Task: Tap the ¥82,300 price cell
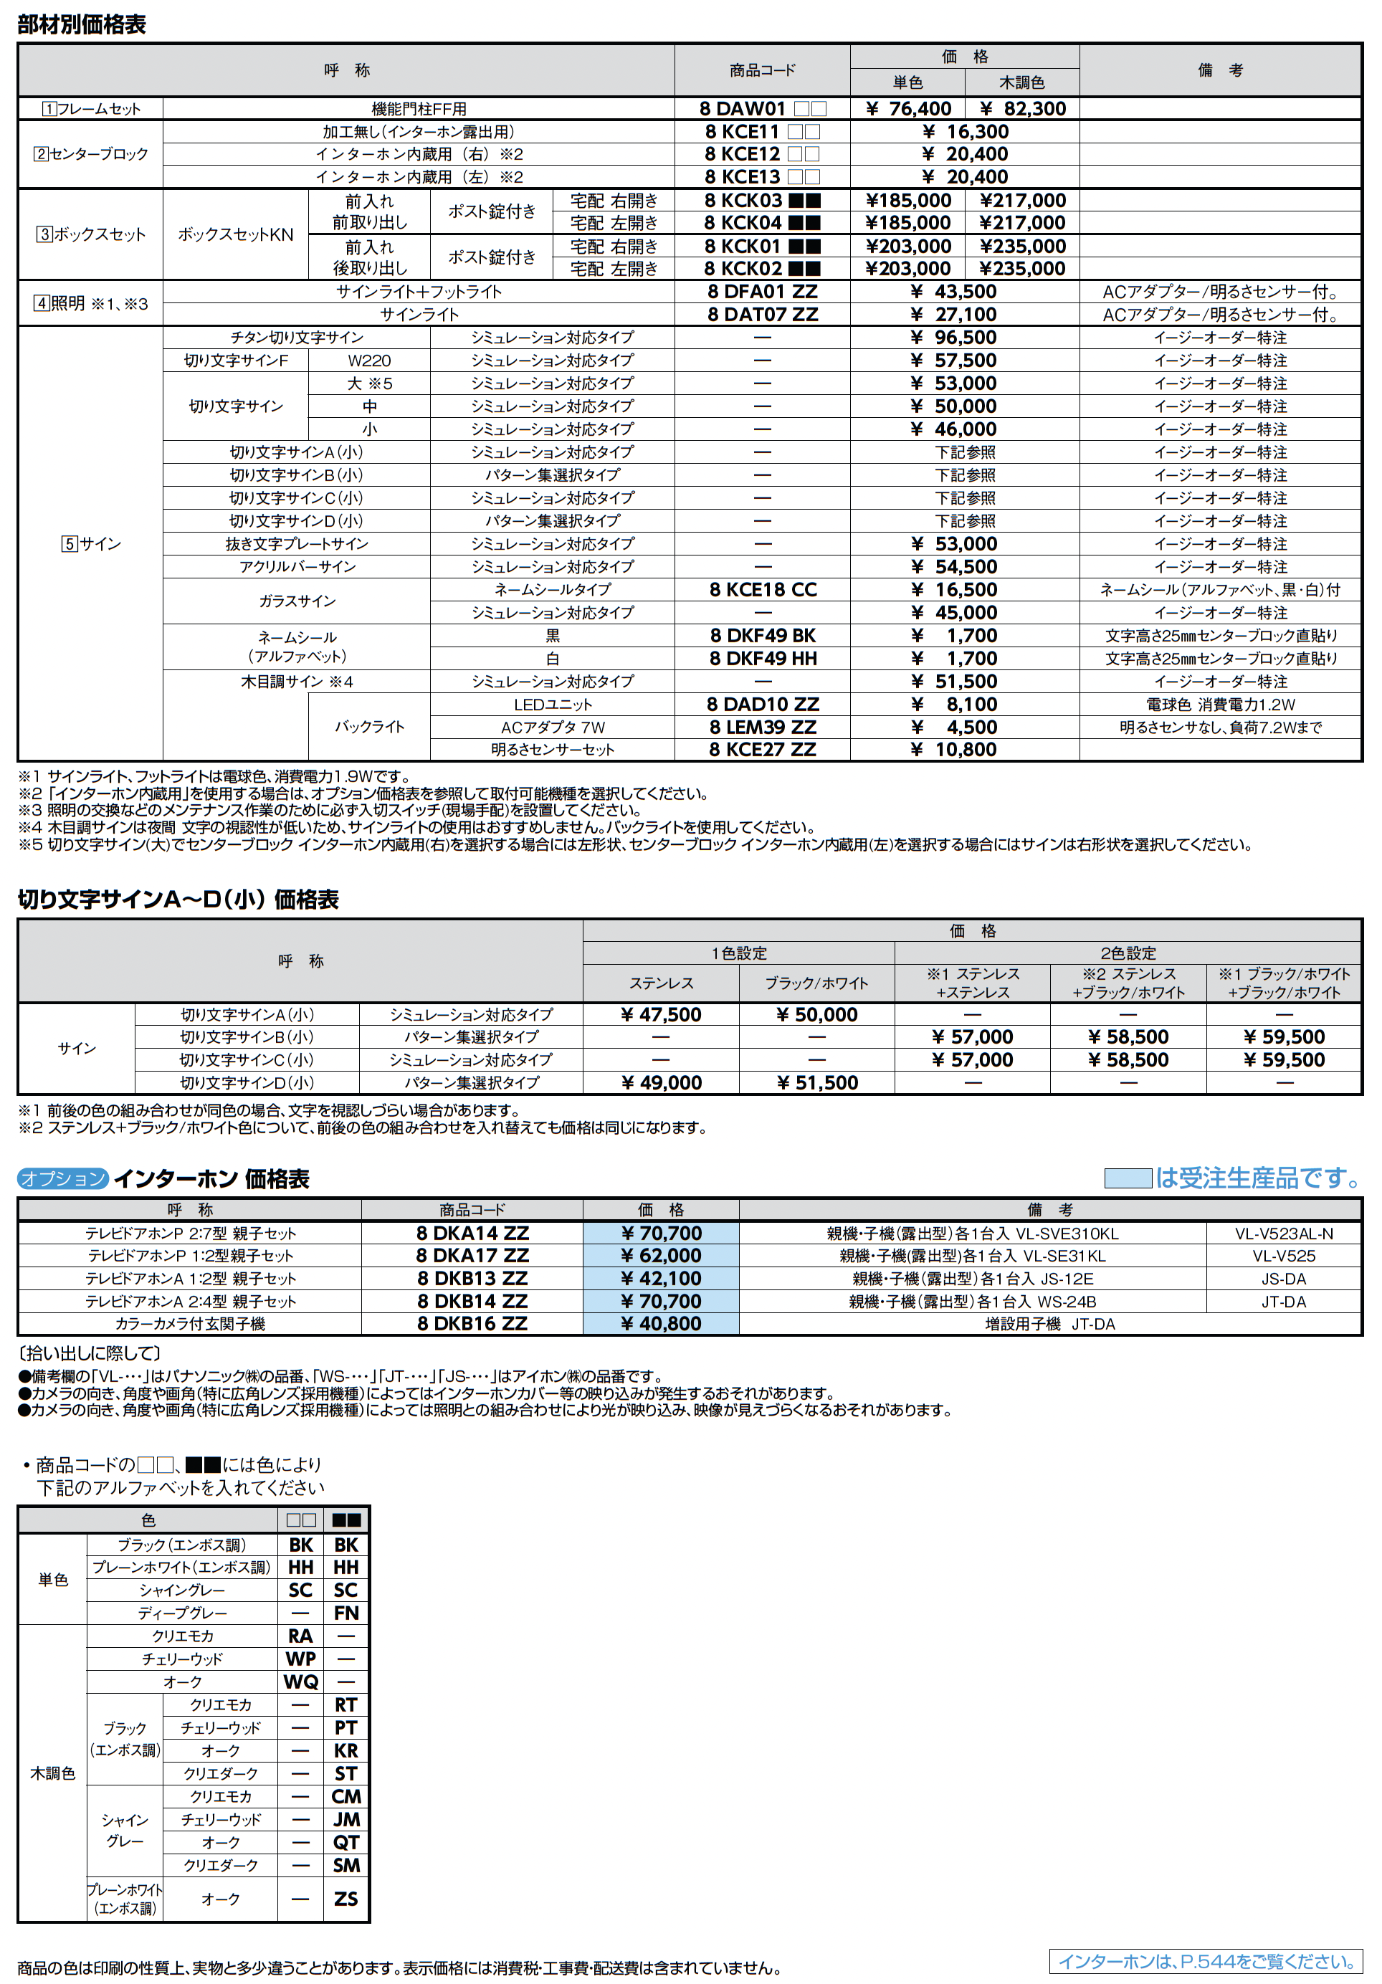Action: (x=1022, y=109)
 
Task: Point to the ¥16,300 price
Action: (x=965, y=131)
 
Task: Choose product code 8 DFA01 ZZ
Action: (x=761, y=292)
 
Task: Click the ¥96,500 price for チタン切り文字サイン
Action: (x=965, y=338)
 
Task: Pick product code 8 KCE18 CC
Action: (x=761, y=589)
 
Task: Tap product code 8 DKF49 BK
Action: (x=761, y=635)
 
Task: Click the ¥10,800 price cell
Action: (x=965, y=749)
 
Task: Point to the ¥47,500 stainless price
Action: (x=660, y=1014)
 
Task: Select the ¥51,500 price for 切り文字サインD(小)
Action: (x=816, y=1083)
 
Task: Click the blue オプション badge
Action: (x=62, y=1178)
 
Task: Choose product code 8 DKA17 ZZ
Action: (x=472, y=1256)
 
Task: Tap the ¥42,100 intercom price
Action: (x=660, y=1278)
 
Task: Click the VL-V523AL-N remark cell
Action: (x=1284, y=1233)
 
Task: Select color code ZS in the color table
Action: (x=345, y=1899)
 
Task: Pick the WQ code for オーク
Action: (x=301, y=1682)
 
